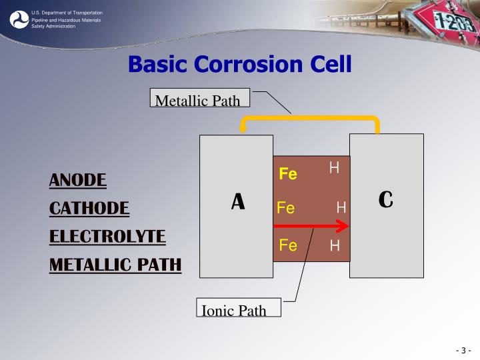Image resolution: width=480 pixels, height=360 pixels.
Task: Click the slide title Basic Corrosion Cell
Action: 239,65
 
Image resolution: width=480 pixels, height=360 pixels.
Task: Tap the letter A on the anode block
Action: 238,201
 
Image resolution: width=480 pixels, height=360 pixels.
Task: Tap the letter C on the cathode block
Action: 386,199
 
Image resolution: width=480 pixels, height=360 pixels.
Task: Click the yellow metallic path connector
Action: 310,120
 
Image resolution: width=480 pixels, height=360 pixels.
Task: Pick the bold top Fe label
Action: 288,174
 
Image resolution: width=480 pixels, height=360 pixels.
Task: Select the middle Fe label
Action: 286,209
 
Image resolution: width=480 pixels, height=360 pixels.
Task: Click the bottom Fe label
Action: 288,245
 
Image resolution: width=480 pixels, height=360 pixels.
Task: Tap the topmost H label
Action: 334,168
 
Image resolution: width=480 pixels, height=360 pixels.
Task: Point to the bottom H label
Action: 335,246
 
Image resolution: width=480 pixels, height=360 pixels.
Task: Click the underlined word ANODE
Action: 78,180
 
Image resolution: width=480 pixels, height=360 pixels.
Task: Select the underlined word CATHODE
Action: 89,208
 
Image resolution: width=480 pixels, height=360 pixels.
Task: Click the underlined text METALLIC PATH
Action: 115,265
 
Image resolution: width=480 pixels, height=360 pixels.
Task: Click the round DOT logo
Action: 19,19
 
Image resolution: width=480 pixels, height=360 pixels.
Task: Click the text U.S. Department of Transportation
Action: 67,13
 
